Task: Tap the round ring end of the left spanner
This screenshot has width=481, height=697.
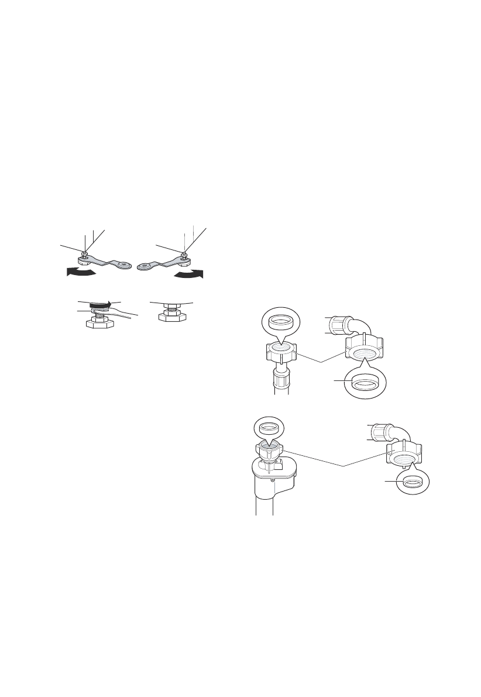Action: coord(122,264)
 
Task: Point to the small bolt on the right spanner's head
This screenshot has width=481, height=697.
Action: coord(184,254)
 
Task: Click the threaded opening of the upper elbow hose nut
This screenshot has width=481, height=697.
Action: coord(364,353)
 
